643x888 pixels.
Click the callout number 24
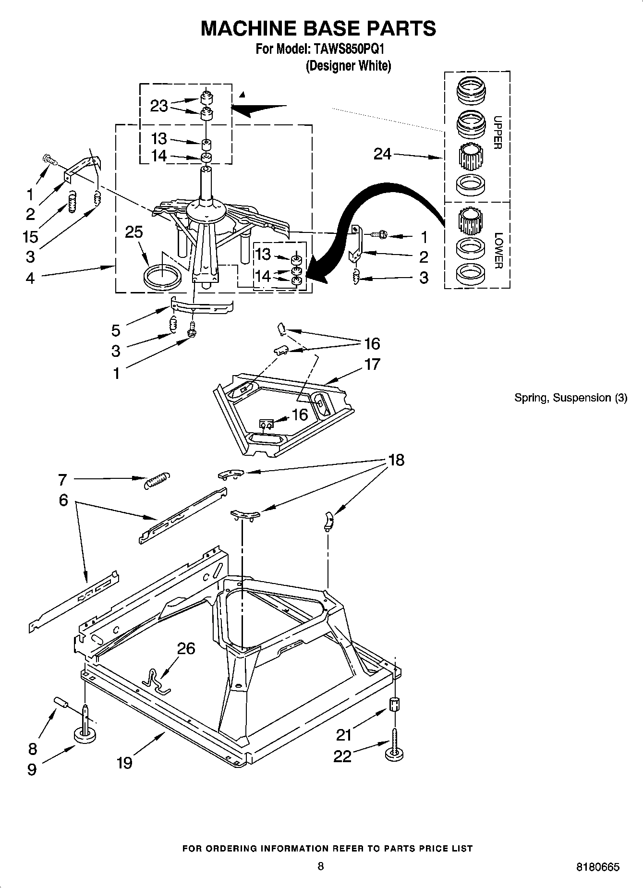tap(383, 154)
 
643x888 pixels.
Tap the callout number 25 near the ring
tap(134, 232)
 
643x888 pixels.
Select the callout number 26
tap(186, 649)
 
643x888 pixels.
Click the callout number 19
tap(124, 762)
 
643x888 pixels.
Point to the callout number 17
tap(373, 365)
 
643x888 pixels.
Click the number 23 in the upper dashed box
tap(159, 106)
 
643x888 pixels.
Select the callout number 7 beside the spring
tap(62, 479)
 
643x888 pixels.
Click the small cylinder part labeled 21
tap(394, 705)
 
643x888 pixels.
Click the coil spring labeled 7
tap(157, 480)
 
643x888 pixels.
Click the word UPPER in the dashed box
tap(498, 133)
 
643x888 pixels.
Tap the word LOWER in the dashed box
tap(498, 250)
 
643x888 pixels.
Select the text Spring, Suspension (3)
tap(570, 398)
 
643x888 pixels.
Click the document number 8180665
tap(597, 867)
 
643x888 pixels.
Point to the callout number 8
tap(32, 749)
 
